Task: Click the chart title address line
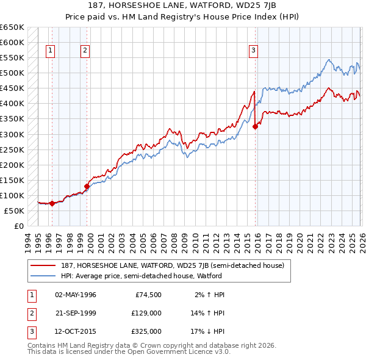[183, 6]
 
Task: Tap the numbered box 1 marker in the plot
[50, 51]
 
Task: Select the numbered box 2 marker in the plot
[85, 51]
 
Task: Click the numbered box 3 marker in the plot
[253, 51]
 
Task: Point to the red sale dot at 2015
[255, 126]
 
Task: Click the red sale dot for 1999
[87, 186]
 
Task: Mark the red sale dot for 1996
[52, 203]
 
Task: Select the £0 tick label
[18, 226]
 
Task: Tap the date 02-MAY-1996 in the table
[76, 295]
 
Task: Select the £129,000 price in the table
[146, 313]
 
